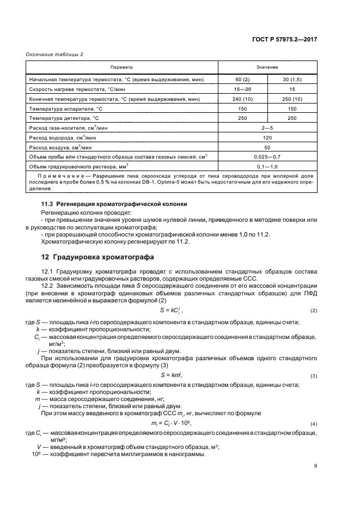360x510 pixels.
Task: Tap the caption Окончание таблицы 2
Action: (x=51, y=54)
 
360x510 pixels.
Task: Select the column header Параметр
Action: (x=121, y=67)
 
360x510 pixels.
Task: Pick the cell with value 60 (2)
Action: (x=242, y=80)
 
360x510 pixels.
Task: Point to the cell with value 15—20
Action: (x=242, y=89)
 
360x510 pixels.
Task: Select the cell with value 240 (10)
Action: (x=242, y=100)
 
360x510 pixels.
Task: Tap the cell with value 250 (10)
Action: (x=292, y=100)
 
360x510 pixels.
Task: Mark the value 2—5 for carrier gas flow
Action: (x=267, y=127)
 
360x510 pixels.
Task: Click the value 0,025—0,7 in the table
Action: (x=267, y=157)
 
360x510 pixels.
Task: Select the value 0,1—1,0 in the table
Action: (x=267, y=167)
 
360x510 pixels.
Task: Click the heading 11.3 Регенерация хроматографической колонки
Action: (x=114, y=203)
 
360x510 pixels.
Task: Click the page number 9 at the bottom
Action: (x=315, y=466)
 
